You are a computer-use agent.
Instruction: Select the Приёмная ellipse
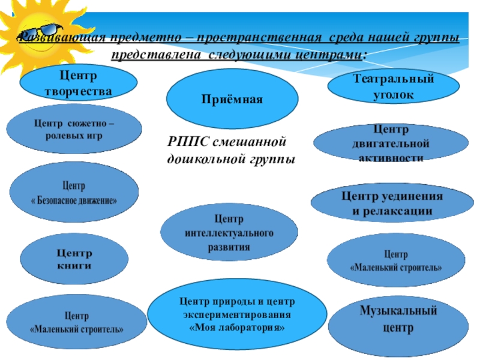click(x=232, y=98)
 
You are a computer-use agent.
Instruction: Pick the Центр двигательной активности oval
click(x=391, y=143)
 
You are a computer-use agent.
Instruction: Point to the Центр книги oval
click(x=74, y=259)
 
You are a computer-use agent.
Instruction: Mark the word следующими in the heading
click(x=250, y=55)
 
